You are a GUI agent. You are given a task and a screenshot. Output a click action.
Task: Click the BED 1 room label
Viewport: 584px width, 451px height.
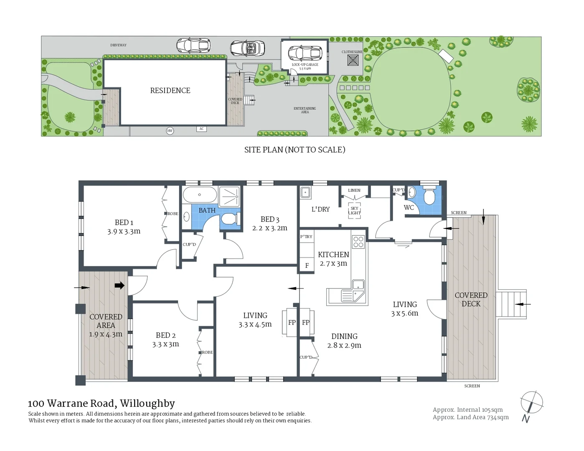124,223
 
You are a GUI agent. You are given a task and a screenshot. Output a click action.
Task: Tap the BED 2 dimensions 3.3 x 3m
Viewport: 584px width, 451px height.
165,344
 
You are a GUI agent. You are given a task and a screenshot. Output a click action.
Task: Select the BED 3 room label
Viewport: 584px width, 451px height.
269,219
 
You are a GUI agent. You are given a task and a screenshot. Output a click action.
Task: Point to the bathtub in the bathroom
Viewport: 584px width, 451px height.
200,195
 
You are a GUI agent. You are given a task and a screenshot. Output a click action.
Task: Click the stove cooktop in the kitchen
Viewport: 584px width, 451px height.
358,241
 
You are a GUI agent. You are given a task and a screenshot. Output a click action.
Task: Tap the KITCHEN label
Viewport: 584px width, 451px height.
333,254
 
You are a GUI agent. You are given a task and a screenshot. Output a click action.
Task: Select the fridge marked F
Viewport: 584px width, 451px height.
307,265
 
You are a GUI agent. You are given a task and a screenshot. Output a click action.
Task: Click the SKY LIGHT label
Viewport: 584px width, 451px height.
354,210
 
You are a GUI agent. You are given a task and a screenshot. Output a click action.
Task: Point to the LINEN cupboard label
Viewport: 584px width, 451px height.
354,190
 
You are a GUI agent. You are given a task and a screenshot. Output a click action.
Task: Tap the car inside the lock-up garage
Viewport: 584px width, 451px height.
305,53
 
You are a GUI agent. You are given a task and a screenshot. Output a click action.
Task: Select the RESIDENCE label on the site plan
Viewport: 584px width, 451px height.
170,91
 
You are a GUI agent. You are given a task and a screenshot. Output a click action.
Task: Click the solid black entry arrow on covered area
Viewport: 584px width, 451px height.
119,286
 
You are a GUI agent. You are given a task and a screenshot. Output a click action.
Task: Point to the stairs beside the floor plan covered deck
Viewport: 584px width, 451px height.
510,304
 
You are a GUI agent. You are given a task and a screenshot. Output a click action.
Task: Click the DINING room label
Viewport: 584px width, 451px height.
344,336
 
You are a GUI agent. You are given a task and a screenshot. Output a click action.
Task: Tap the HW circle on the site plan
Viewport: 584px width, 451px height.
170,131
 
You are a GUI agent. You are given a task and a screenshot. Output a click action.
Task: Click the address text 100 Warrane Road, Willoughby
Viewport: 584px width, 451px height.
101,403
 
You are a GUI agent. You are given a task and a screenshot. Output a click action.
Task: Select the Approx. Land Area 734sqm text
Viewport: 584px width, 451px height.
470,417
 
